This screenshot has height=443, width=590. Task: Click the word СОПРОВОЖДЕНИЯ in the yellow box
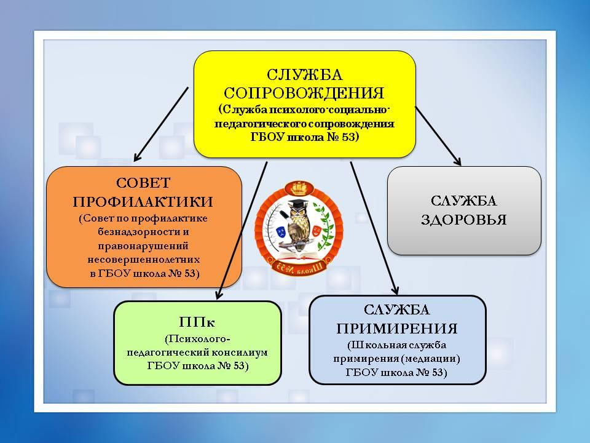[x=304, y=93]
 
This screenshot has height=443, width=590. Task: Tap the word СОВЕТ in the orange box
[x=143, y=183]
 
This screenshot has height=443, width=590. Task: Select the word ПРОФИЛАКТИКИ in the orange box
[x=143, y=202]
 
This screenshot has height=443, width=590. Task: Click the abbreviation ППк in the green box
[x=197, y=322]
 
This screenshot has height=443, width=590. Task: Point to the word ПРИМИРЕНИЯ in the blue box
[x=397, y=329]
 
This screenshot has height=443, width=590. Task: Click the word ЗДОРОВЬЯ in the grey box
[x=464, y=220]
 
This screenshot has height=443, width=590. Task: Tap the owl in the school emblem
[x=299, y=226]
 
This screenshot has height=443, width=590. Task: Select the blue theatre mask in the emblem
[x=281, y=231]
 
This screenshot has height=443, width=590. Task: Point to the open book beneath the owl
[x=299, y=255]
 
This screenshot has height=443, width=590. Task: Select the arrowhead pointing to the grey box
[x=457, y=162]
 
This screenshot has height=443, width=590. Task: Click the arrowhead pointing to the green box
[x=219, y=295]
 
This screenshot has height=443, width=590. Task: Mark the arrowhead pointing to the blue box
[x=395, y=290]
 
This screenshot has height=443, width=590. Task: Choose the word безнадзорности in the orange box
[x=143, y=232]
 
